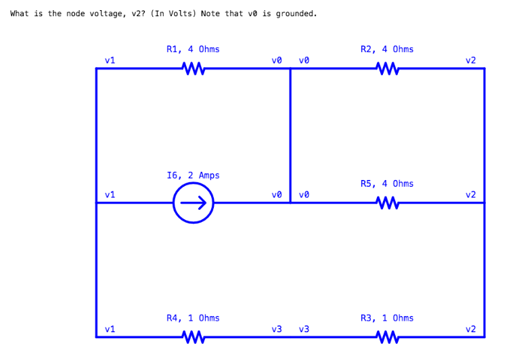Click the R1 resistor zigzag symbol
click(x=194, y=68)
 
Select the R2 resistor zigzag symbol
click(x=387, y=68)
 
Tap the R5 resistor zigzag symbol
click(x=387, y=202)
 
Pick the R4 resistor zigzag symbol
click(x=194, y=336)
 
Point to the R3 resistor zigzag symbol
click(x=387, y=336)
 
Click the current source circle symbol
click(x=194, y=202)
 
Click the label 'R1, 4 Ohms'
click(x=193, y=49)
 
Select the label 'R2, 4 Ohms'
click(x=387, y=49)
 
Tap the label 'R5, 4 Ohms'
click(x=387, y=183)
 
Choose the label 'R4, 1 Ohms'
click(x=193, y=318)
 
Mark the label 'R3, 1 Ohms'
click(x=387, y=318)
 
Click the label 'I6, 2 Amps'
click(x=193, y=175)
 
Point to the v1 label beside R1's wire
click(x=110, y=60)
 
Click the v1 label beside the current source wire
click(x=110, y=195)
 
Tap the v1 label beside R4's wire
click(x=110, y=329)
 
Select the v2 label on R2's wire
click(x=470, y=60)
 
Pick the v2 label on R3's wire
click(x=470, y=329)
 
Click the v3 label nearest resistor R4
click(x=277, y=329)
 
